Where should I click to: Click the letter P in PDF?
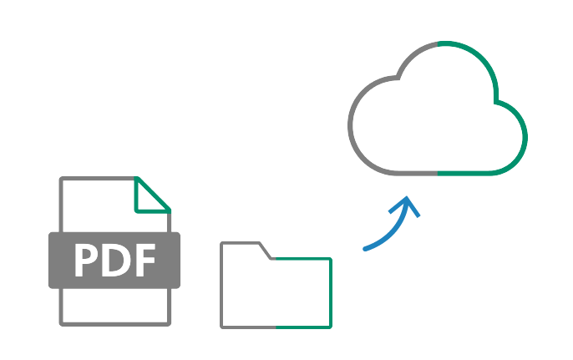click(x=87, y=261)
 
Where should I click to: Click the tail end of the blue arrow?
click(x=365, y=248)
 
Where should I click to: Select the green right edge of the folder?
click(x=331, y=292)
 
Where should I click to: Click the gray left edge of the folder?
click(x=222, y=284)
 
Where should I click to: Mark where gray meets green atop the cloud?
click(x=438, y=42)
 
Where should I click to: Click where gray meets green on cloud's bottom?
click(x=438, y=173)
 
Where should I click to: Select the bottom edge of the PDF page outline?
click(x=114, y=322)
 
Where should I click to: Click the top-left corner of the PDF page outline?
click(x=61, y=179)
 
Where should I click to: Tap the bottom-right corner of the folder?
click(x=331, y=326)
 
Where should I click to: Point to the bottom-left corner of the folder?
click(x=222, y=326)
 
